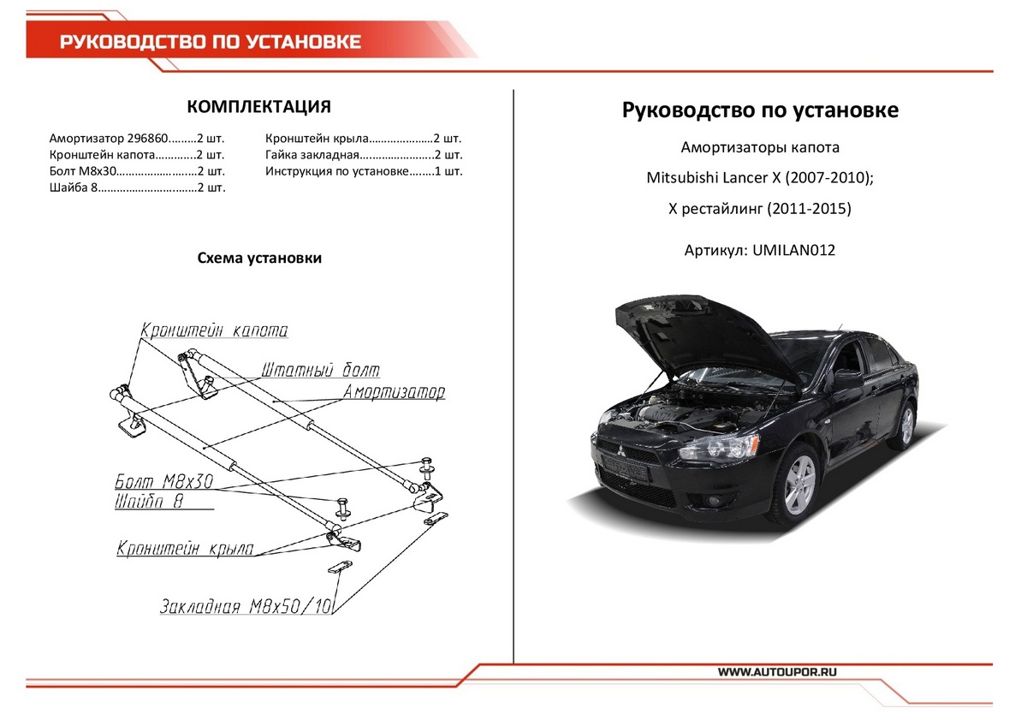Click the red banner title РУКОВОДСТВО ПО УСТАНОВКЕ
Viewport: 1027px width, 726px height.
211,42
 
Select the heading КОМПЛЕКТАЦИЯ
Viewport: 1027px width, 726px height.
258,107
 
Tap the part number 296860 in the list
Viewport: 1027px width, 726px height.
145,138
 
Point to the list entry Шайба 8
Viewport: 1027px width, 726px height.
71,188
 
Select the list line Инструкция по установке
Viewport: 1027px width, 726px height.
334,171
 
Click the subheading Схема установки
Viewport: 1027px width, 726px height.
259,258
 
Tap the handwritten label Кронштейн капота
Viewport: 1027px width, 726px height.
214,330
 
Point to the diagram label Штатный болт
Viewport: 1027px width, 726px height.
318,370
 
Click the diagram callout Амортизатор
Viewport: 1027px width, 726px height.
394,392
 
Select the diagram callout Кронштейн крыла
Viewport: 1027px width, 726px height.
185,549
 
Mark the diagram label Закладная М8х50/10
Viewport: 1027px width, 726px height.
246,607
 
